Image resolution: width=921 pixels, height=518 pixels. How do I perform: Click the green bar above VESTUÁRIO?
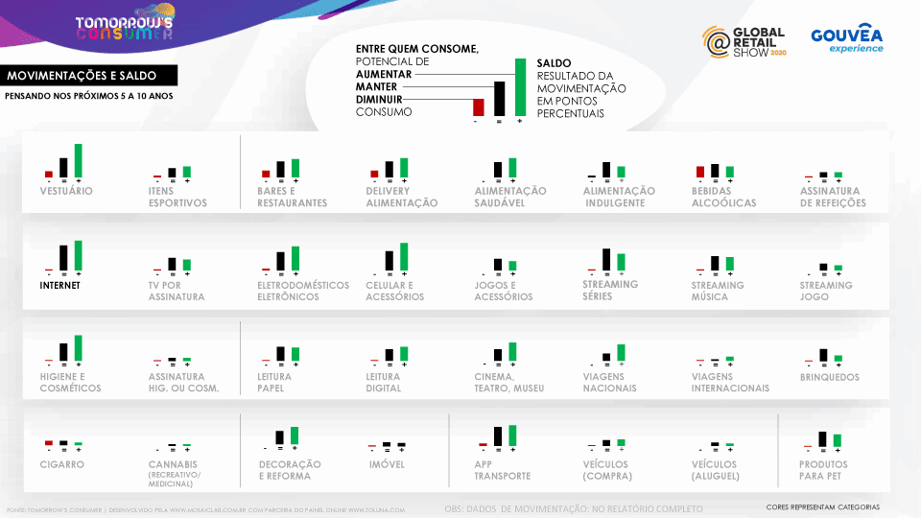click(79, 160)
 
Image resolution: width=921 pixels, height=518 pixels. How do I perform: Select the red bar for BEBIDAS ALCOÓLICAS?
click(700, 172)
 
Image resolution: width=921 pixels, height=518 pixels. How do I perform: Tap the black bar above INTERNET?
click(63, 257)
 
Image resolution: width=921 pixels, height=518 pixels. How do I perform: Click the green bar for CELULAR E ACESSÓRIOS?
click(404, 256)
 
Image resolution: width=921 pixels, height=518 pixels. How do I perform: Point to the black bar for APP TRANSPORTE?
click(498, 436)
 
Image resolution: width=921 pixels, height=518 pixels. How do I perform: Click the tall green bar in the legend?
click(520, 87)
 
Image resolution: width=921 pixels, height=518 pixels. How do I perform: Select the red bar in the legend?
click(477, 107)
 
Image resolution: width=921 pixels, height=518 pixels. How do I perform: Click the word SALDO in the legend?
click(554, 62)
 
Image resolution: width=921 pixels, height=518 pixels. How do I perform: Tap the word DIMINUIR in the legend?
click(378, 99)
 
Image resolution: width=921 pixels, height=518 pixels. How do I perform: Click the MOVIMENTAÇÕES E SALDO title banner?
click(79, 76)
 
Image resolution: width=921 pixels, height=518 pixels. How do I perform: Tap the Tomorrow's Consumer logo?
click(125, 27)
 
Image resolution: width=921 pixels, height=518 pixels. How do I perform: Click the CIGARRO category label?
click(62, 464)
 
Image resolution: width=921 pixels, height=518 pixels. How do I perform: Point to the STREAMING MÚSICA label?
click(717, 291)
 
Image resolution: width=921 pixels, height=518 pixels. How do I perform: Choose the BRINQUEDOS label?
click(830, 378)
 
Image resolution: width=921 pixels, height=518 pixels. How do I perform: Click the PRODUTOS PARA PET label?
click(823, 470)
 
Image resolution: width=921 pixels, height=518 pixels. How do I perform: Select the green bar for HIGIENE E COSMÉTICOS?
click(79, 347)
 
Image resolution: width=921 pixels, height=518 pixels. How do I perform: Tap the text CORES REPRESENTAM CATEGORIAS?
click(822, 506)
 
